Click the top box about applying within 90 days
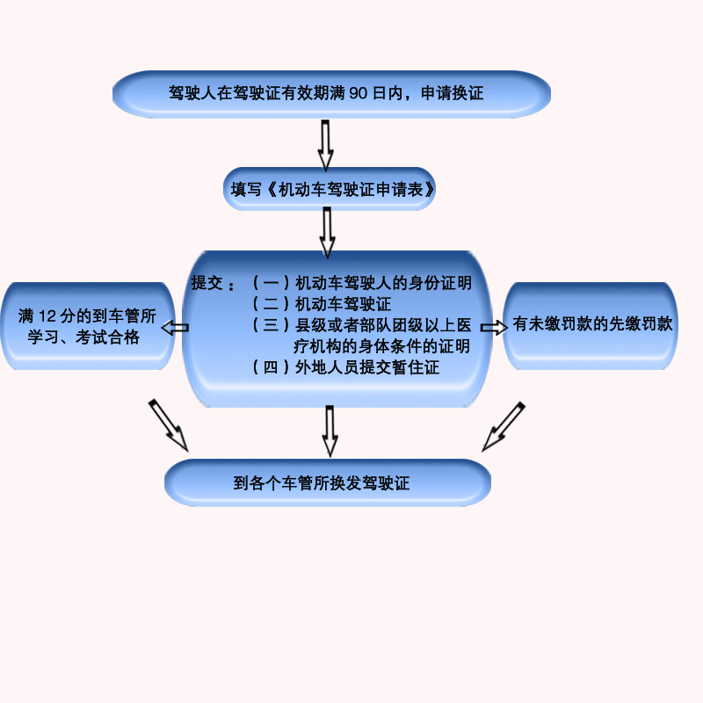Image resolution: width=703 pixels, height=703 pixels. [331, 93]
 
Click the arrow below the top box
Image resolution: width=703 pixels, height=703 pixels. [325, 143]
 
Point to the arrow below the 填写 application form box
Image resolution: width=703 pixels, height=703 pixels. [327, 234]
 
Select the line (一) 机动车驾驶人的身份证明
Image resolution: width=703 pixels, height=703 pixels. [361, 284]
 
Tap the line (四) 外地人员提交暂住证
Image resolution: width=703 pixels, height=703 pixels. [345, 367]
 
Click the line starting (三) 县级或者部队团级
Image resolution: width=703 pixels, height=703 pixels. [361, 326]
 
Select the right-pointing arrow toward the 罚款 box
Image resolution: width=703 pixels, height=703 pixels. [494, 327]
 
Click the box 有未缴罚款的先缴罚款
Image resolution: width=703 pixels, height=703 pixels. [594, 323]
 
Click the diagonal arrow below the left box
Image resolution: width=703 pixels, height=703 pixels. [168, 424]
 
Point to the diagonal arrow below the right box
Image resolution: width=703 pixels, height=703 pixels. [503, 426]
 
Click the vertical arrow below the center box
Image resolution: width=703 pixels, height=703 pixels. [330, 430]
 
